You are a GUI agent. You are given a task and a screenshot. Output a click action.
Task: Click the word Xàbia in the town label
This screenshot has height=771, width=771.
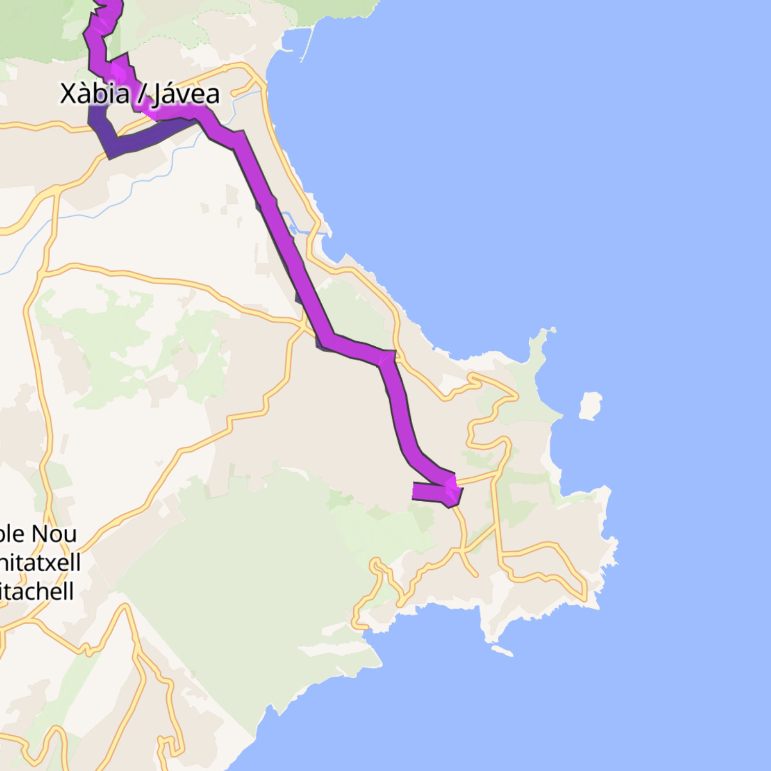click(94, 94)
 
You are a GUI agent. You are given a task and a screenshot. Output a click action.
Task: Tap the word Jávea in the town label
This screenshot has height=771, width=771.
click(187, 94)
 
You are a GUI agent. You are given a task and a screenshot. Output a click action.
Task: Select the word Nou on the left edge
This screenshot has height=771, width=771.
click(54, 534)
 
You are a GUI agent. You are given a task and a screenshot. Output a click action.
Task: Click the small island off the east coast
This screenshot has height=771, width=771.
click(590, 405)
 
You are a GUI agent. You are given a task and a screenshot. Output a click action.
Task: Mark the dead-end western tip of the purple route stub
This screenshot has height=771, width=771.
click(415, 491)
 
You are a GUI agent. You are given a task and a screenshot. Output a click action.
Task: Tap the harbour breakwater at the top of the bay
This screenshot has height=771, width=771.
click(306, 43)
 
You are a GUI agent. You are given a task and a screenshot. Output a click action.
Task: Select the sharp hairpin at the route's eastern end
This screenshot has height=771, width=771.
click(453, 490)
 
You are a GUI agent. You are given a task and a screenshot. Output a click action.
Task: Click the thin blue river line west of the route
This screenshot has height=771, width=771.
click(102, 214)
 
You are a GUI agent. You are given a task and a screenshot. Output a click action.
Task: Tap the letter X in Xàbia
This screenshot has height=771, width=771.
click(69, 94)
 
